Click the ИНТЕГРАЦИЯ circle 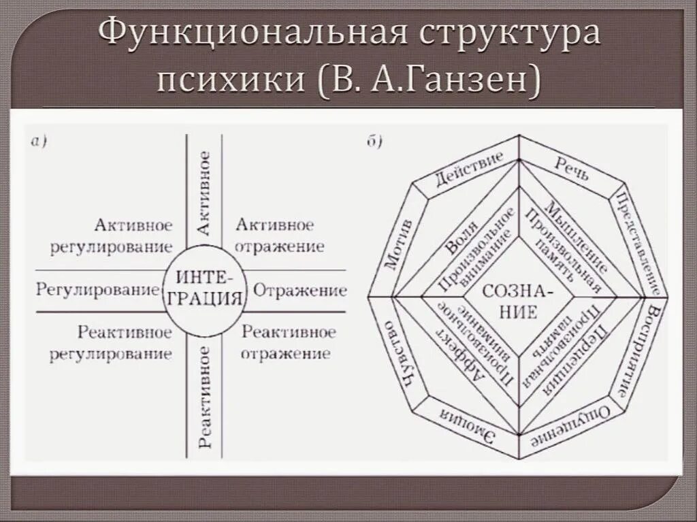204,289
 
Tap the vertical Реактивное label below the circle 204,396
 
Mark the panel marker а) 38,142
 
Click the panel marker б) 375,142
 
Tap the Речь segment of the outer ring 571,168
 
